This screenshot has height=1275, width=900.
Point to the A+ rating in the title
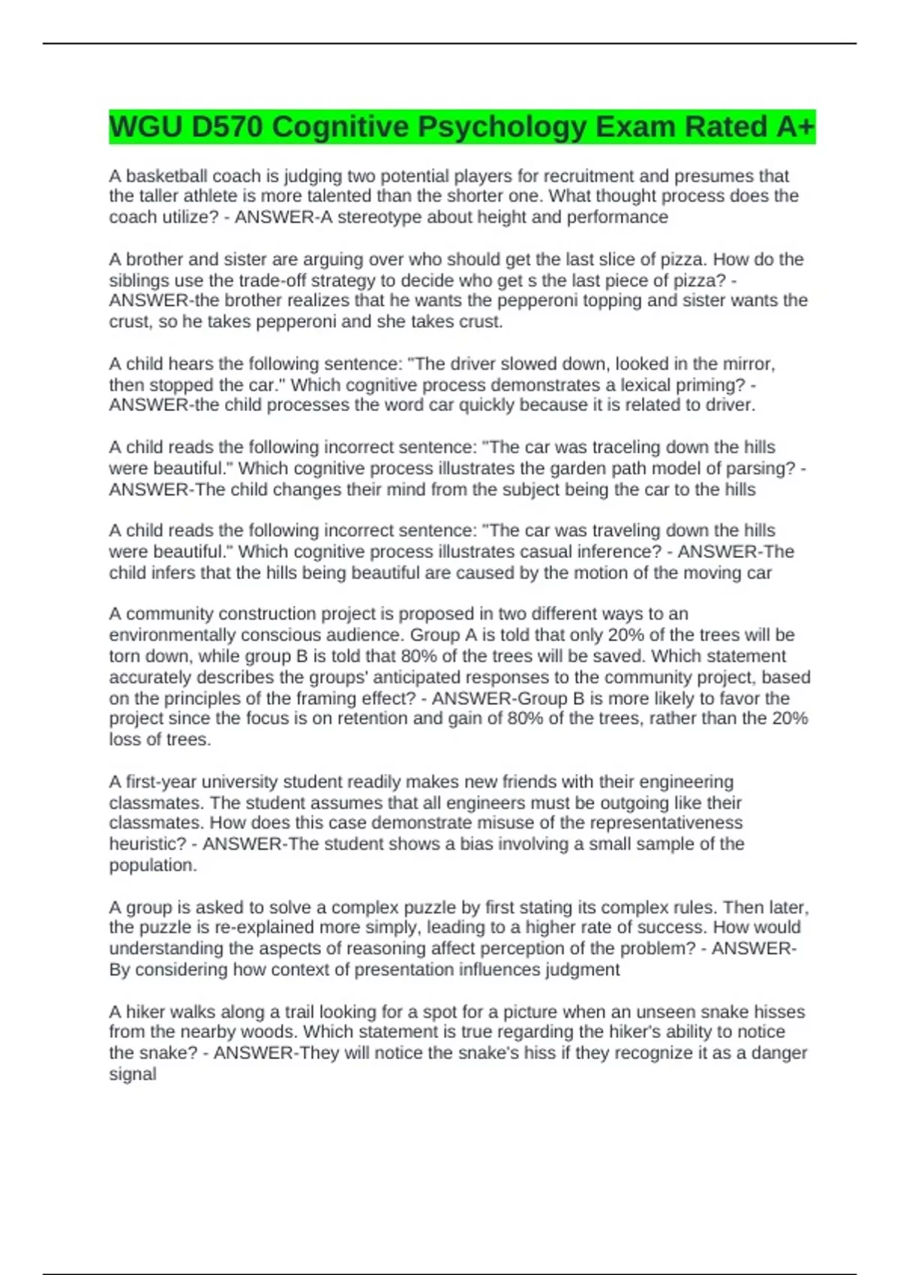click(x=795, y=127)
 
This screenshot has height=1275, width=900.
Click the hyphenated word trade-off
click(x=278, y=280)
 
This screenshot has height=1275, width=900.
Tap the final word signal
click(x=133, y=1074)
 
